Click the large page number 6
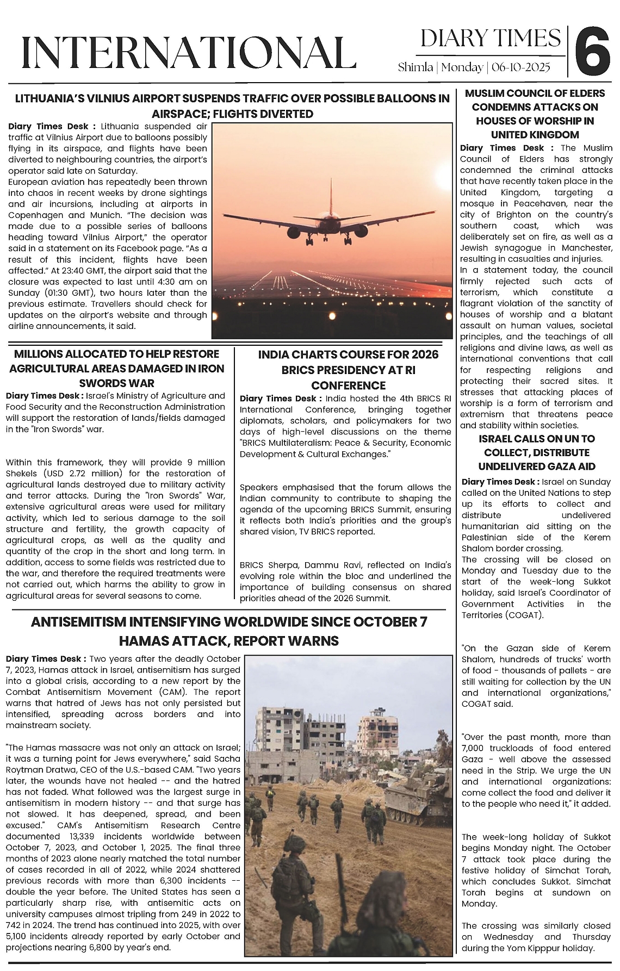592,53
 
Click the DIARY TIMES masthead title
491,39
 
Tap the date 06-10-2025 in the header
521,67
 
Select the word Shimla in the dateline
416,67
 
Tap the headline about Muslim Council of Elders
535,114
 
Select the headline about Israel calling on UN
536,452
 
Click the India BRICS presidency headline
348,370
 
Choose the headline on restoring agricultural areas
116,368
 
